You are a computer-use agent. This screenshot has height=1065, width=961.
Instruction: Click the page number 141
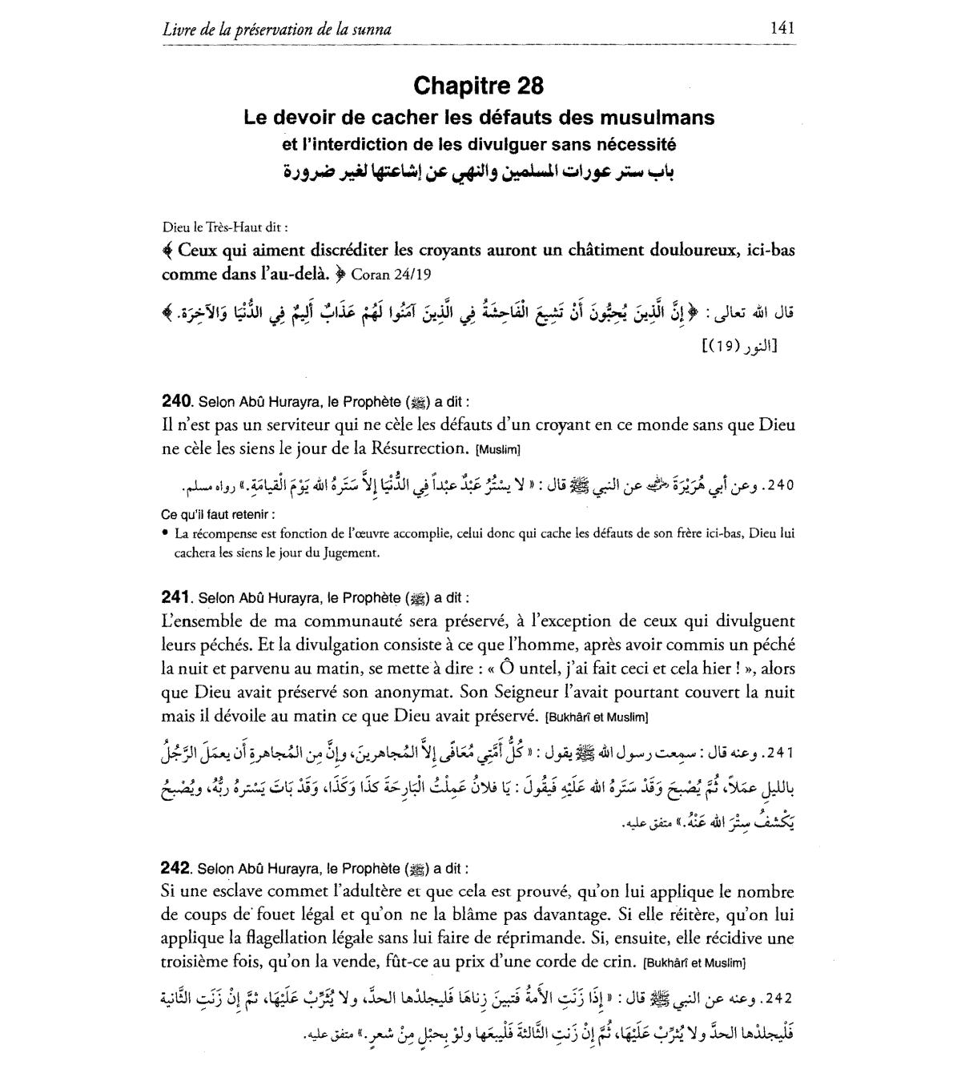pyautogui.click(x=781, y=28)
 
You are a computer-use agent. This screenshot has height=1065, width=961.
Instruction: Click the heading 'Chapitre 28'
pyautogui.click(x=479, y=85)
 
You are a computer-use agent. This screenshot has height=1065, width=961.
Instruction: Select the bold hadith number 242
pyautogui.click(x=175, y=868)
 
